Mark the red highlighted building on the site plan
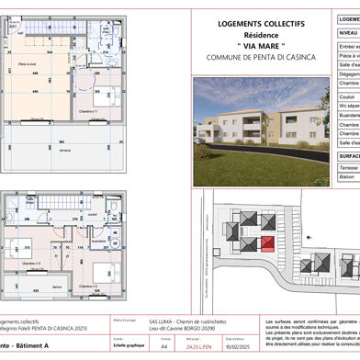coord(267,243)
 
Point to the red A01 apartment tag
coord(14,28)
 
